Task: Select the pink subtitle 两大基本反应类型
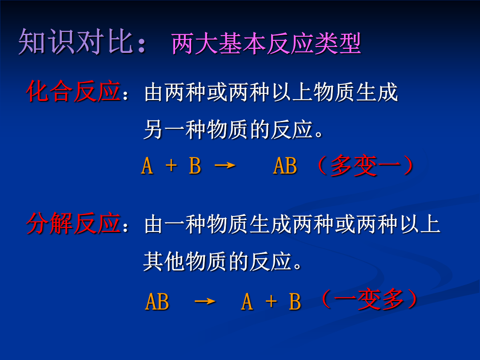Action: click(266, 44)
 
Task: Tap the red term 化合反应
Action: click(73, 91)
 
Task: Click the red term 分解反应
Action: click(73, 223)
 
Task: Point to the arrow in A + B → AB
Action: click(225, 166)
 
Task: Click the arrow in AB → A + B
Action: click(205, 301)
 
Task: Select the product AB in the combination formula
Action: click(285, 166)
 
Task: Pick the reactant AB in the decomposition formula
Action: click(157, 301)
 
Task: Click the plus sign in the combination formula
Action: click(171, 166)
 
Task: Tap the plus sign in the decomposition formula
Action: click(271, 301)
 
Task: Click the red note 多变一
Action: click(365, 165)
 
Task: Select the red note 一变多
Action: click(369, 299)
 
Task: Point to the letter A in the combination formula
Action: click(147, 166)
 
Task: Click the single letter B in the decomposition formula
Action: click(295, 301)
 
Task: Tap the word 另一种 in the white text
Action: click(175, 129)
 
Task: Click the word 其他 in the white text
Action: click(164, 261)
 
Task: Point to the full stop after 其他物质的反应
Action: click(297, 266)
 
